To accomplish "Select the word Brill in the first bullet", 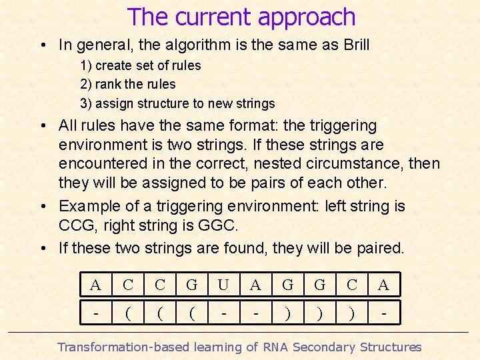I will point(353,45).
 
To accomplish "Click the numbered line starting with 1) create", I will point(140,66).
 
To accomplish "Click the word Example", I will point(86,207).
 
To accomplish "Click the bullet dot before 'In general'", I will point(42,45).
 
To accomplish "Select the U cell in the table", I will point(223,285).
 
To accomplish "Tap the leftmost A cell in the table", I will point(95,285).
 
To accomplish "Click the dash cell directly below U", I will point(223,311).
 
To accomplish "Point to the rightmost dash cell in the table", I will point(383,311).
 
